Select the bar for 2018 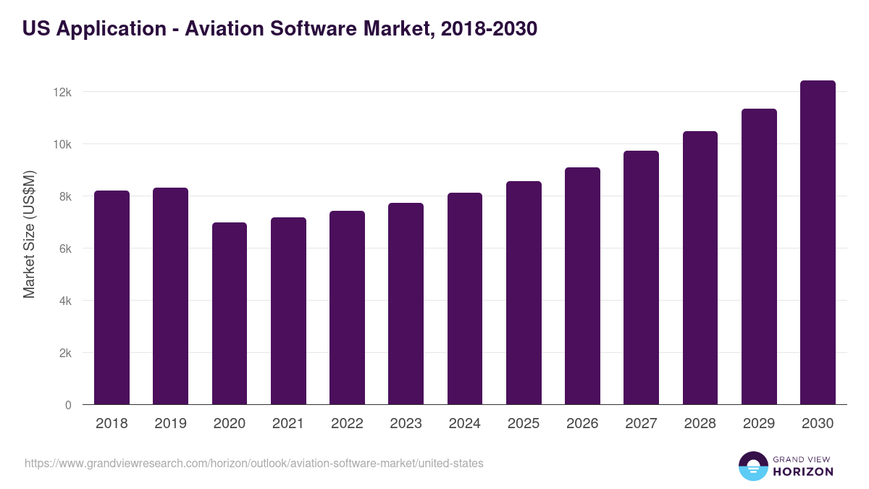coord(112,297)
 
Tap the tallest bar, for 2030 coord(818,243)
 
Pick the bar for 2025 coord(524,293)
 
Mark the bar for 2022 coord(347,307)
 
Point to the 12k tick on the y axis coord(63,92)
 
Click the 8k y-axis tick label coord(64,196)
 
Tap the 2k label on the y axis coord(64,353)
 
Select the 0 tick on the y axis coord(68,405)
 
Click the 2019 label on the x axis coord(170,424)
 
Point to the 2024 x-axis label coord(464,424)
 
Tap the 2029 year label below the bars coord(758,424)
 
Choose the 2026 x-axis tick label coord(582,424)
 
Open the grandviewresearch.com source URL coord(253,463)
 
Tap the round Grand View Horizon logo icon coord(752,466)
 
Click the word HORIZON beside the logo coord(803,472)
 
